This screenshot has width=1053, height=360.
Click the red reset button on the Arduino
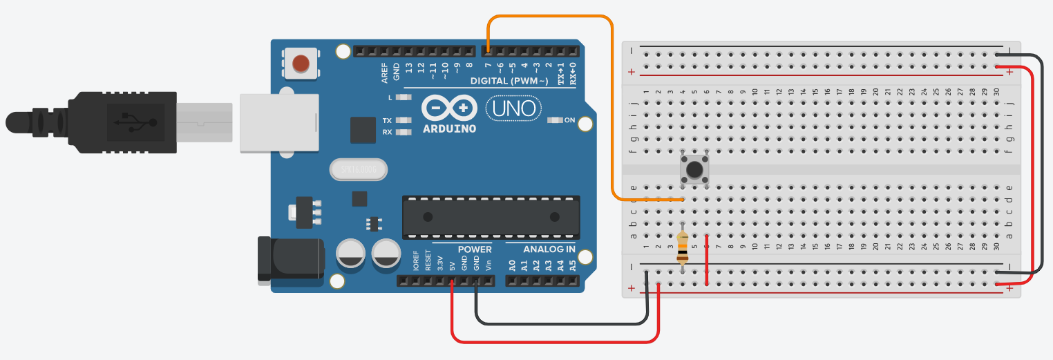[x=301, y=64]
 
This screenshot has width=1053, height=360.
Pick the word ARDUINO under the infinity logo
[x=449, y=129]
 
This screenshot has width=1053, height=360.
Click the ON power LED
[x=555, y=120]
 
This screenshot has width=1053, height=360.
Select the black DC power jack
[x=290, y=259]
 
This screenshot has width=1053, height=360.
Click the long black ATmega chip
[x=491, y=217]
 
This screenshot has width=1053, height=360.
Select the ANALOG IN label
[x=549, y=249]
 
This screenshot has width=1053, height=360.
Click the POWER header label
[x=475, y=249]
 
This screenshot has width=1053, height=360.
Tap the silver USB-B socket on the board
[x=278, y=122]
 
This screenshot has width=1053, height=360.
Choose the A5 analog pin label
[x=572, y=265]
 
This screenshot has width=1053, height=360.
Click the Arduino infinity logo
[x=449, y=108]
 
